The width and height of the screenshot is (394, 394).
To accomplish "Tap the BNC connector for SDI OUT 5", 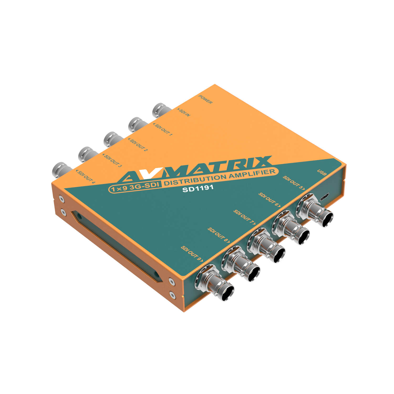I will [315, 210].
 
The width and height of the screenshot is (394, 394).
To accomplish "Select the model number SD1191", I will [194, 188].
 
